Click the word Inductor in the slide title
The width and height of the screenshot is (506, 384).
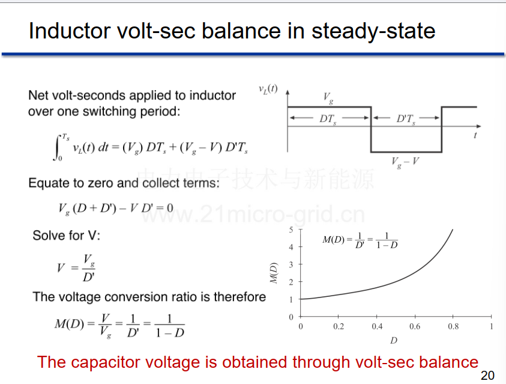70,31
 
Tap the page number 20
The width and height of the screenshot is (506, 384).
487,375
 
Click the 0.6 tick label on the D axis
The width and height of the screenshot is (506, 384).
415,326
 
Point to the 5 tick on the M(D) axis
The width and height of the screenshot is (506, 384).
291,230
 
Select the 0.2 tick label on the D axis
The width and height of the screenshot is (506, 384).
339,326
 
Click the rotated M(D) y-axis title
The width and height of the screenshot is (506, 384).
273,273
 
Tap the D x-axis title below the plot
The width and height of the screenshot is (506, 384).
394,340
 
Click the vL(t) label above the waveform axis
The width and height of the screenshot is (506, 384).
268,89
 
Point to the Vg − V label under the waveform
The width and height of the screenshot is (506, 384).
405,162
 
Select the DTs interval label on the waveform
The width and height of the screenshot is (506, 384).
328,119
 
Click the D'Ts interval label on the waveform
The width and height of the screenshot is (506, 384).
406,119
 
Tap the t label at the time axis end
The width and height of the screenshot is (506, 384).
475,135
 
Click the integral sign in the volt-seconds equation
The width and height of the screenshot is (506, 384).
57,148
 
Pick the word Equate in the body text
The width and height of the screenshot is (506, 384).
47,183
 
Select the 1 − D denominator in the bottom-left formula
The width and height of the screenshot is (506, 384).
170,333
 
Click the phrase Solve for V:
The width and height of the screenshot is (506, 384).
67,236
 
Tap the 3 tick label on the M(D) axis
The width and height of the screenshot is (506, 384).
291,265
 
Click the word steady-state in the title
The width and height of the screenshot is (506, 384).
373,32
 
